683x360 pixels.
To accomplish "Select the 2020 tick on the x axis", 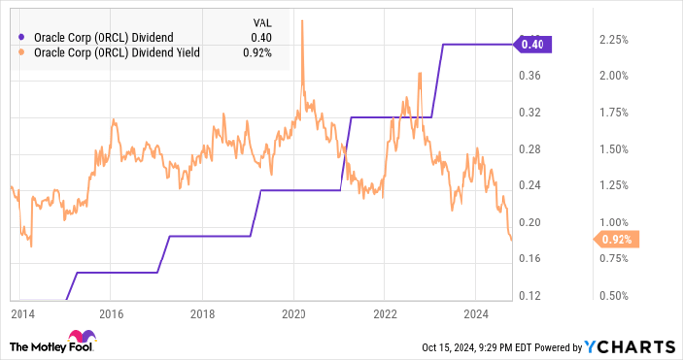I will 295,314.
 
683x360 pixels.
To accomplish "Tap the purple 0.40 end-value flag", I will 535,43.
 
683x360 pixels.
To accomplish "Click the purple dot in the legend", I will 21,38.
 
